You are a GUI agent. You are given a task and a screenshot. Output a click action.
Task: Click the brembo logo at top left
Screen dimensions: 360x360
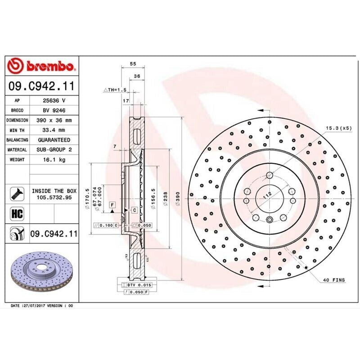(x=41, y=67)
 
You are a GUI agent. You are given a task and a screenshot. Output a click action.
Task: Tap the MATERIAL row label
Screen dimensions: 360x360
(x=18, y=150)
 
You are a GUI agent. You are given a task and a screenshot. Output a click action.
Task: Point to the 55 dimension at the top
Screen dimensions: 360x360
(x=133, y=64)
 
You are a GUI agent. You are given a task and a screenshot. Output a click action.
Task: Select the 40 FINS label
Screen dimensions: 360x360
(x=333, y=280)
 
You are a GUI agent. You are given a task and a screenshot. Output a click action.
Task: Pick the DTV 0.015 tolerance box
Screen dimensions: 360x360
(x=138, y=285)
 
